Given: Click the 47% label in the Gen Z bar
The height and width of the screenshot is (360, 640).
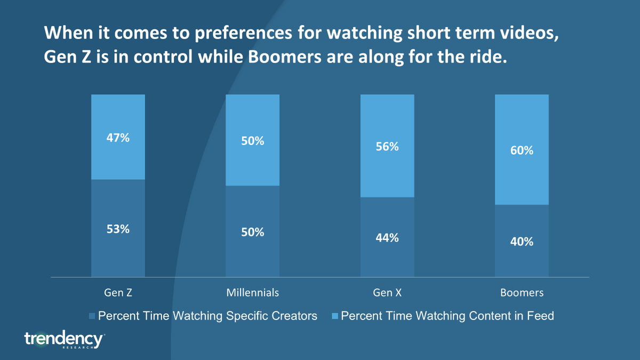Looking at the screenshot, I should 118,138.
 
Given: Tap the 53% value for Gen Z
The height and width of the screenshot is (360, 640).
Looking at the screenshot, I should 118,229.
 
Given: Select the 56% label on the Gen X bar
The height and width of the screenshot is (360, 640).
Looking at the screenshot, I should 387,147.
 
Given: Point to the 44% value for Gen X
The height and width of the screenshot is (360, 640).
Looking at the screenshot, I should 387,238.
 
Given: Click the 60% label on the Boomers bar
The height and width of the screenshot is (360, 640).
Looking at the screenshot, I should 521,150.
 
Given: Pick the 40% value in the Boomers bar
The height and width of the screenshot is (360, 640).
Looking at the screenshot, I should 521,242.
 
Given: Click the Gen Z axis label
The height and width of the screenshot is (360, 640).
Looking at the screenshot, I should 118,293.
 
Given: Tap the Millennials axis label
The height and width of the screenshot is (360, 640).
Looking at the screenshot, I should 252,293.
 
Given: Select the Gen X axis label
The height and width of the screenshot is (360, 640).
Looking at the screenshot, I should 387,293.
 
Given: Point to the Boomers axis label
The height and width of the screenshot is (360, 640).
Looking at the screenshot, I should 522,293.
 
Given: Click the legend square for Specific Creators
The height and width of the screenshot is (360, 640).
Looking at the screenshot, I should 92,316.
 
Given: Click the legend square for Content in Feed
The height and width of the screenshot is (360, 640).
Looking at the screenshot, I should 335,316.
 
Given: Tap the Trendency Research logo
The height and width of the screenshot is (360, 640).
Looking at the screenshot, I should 64,339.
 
